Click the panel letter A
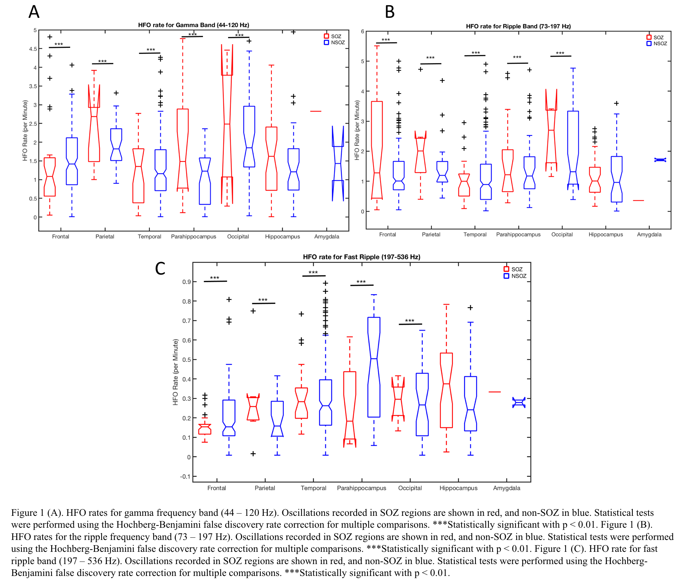[34, 12]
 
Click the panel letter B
[389, 12]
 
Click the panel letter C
[160, 268]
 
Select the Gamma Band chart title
[193, 25]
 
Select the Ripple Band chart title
[518, 26]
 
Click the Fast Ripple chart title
[361, 257]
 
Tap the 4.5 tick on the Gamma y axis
[33, 49]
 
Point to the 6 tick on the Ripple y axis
[362, 32]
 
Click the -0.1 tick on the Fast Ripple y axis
[185, 476]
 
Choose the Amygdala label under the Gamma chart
[326, 236]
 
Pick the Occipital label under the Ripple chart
[562, 235]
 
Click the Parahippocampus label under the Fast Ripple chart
[361, 488]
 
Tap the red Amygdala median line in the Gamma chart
[316, 111]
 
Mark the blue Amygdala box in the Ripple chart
[660, 160]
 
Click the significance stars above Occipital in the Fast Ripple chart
[409, 321]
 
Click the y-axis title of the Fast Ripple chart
[175, 372]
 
